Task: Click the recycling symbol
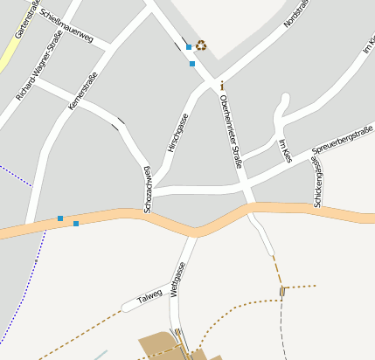(201, 45)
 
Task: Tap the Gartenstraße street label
(26, 20)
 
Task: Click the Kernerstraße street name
(82, 91)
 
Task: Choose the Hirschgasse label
(176, 135)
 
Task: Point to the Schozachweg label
(148, 189)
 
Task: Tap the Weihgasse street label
(177, 280)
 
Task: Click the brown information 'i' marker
(222, 86)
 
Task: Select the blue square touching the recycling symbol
(189, 47)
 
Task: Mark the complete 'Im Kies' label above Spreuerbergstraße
(284, 150)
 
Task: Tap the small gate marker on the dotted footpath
(282, 290)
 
